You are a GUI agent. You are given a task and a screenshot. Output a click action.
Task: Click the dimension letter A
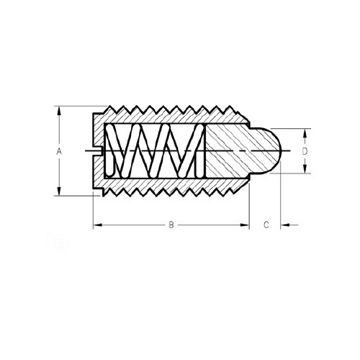(x=59, y=151)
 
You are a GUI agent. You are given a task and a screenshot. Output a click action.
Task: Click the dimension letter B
(x=171, y=225)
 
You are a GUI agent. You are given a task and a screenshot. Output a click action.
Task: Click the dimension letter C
(x=266, y=225)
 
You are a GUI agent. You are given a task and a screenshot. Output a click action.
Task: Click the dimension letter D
(x=305, y=151)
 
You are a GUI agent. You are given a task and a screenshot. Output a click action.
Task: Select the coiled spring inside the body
(x=155, y=150)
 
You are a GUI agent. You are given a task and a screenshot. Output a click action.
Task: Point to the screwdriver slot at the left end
(x=98, y=151)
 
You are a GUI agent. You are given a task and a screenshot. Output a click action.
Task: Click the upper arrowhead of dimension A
(x=59, y=112)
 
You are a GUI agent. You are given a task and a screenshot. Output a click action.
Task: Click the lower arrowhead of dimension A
(x=59, y=191)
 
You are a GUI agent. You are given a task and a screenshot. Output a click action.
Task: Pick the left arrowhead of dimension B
(x=98, y=225)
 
